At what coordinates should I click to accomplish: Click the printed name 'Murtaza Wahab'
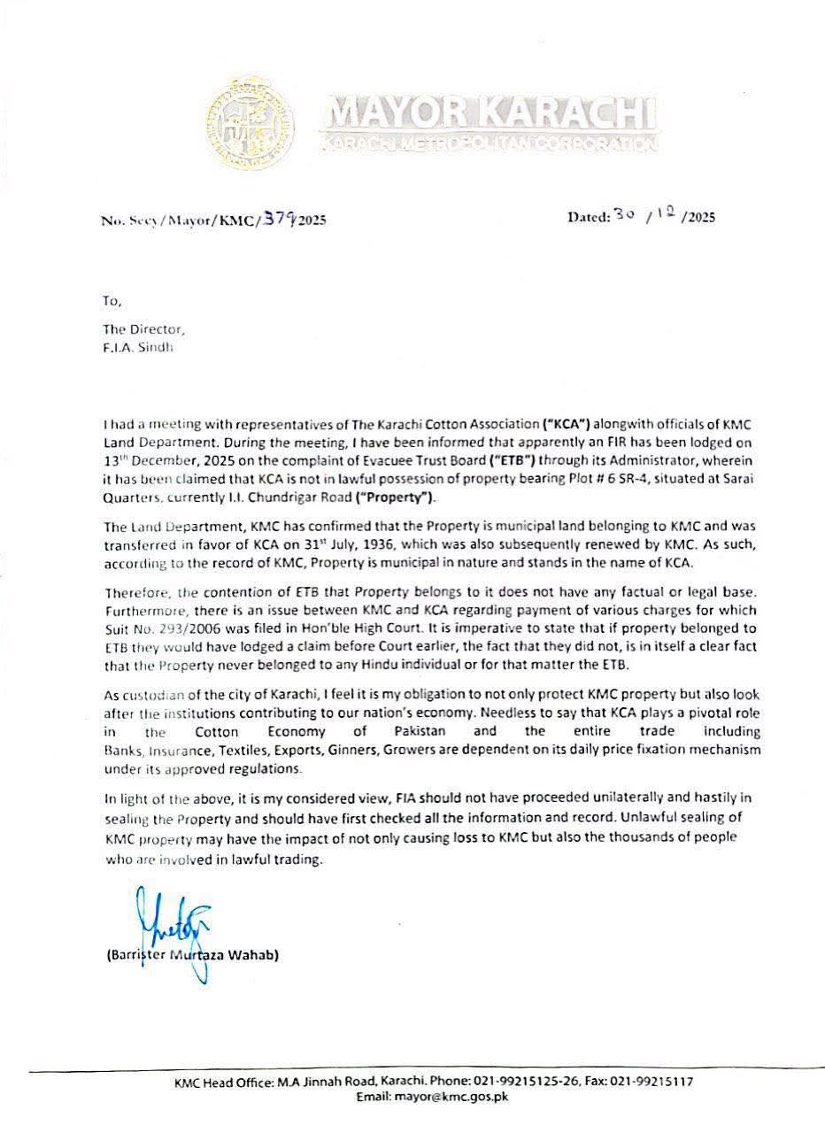[x=237, y=955]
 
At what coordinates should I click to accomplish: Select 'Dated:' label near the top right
[x=589, y=215]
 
